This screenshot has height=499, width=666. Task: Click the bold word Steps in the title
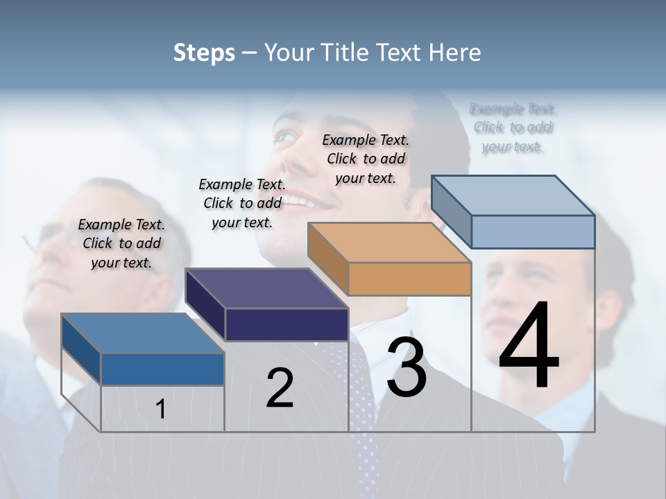[204, 53]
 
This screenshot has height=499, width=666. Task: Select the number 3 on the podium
[407, 367]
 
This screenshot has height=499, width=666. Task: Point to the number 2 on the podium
[280, 388]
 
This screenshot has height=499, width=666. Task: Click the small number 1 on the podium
[161, 409]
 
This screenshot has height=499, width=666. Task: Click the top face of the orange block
[388, 243]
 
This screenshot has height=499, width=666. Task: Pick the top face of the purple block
[266, 288]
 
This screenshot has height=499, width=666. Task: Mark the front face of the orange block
[409, 279]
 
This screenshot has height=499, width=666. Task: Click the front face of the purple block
[287, 324]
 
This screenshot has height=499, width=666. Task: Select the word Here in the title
[455, 53]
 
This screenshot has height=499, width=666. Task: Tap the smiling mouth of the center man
[309, 202]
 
